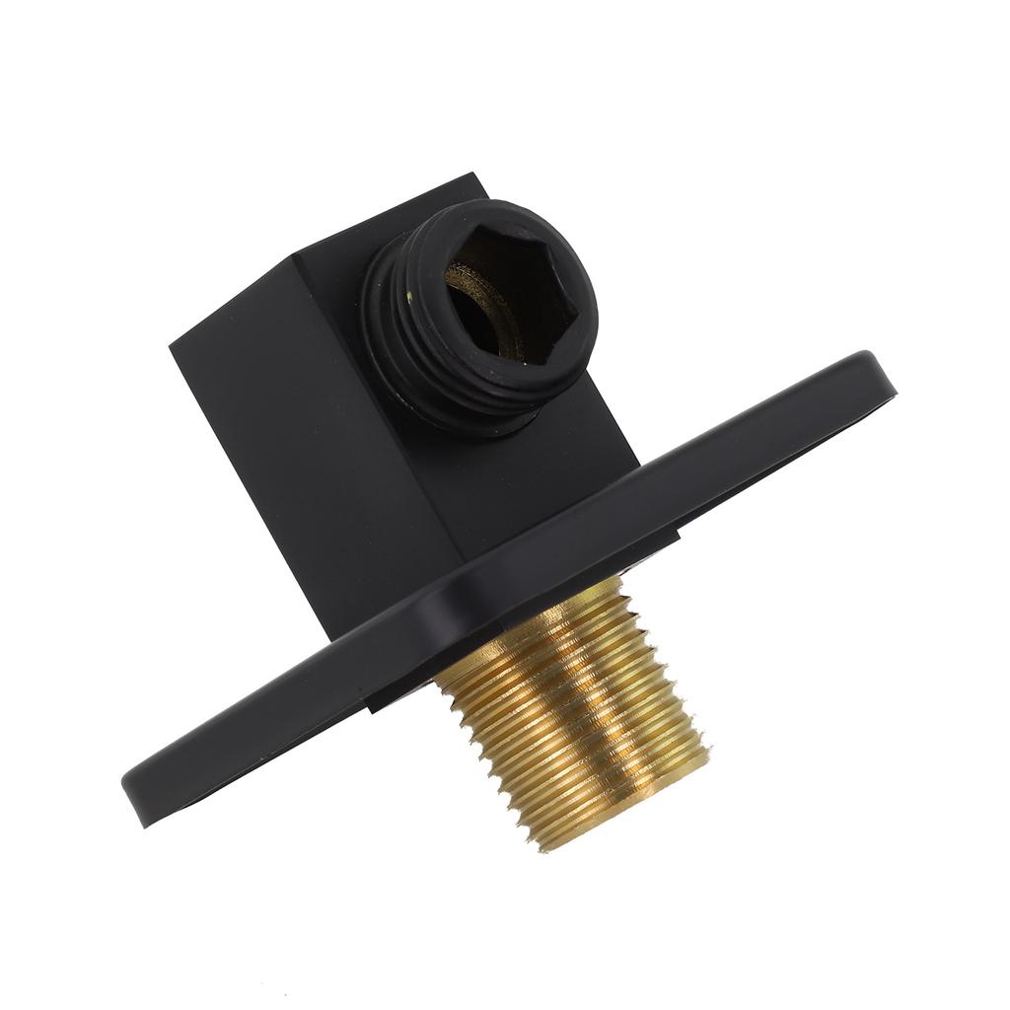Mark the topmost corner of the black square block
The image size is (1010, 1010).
point(476,176)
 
